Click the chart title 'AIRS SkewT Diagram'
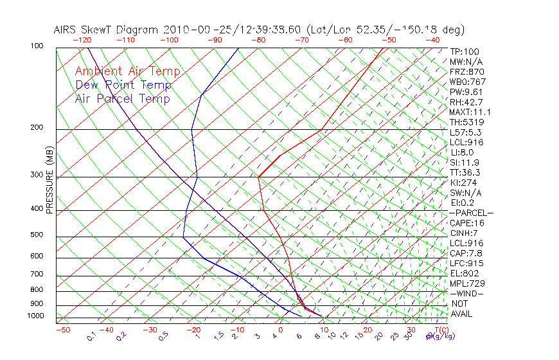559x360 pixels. (106, 30)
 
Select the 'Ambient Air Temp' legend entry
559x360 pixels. (127, 71)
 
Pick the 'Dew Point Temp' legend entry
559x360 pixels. (123, 85)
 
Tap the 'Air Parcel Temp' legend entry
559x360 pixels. (123, 98)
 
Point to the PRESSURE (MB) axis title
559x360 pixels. (49, 180)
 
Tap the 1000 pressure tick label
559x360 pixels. (36, 316)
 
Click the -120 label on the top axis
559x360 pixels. (82, 40)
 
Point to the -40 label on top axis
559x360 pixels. (432, 40)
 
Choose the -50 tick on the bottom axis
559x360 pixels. (62, 330)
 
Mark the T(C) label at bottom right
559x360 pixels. (440, 330)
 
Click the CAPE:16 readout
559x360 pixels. (466, 223)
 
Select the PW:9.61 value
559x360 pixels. (466, 92)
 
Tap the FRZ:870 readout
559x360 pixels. (466, 71)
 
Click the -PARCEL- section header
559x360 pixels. (471, 213)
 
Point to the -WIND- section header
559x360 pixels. (467, 293)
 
